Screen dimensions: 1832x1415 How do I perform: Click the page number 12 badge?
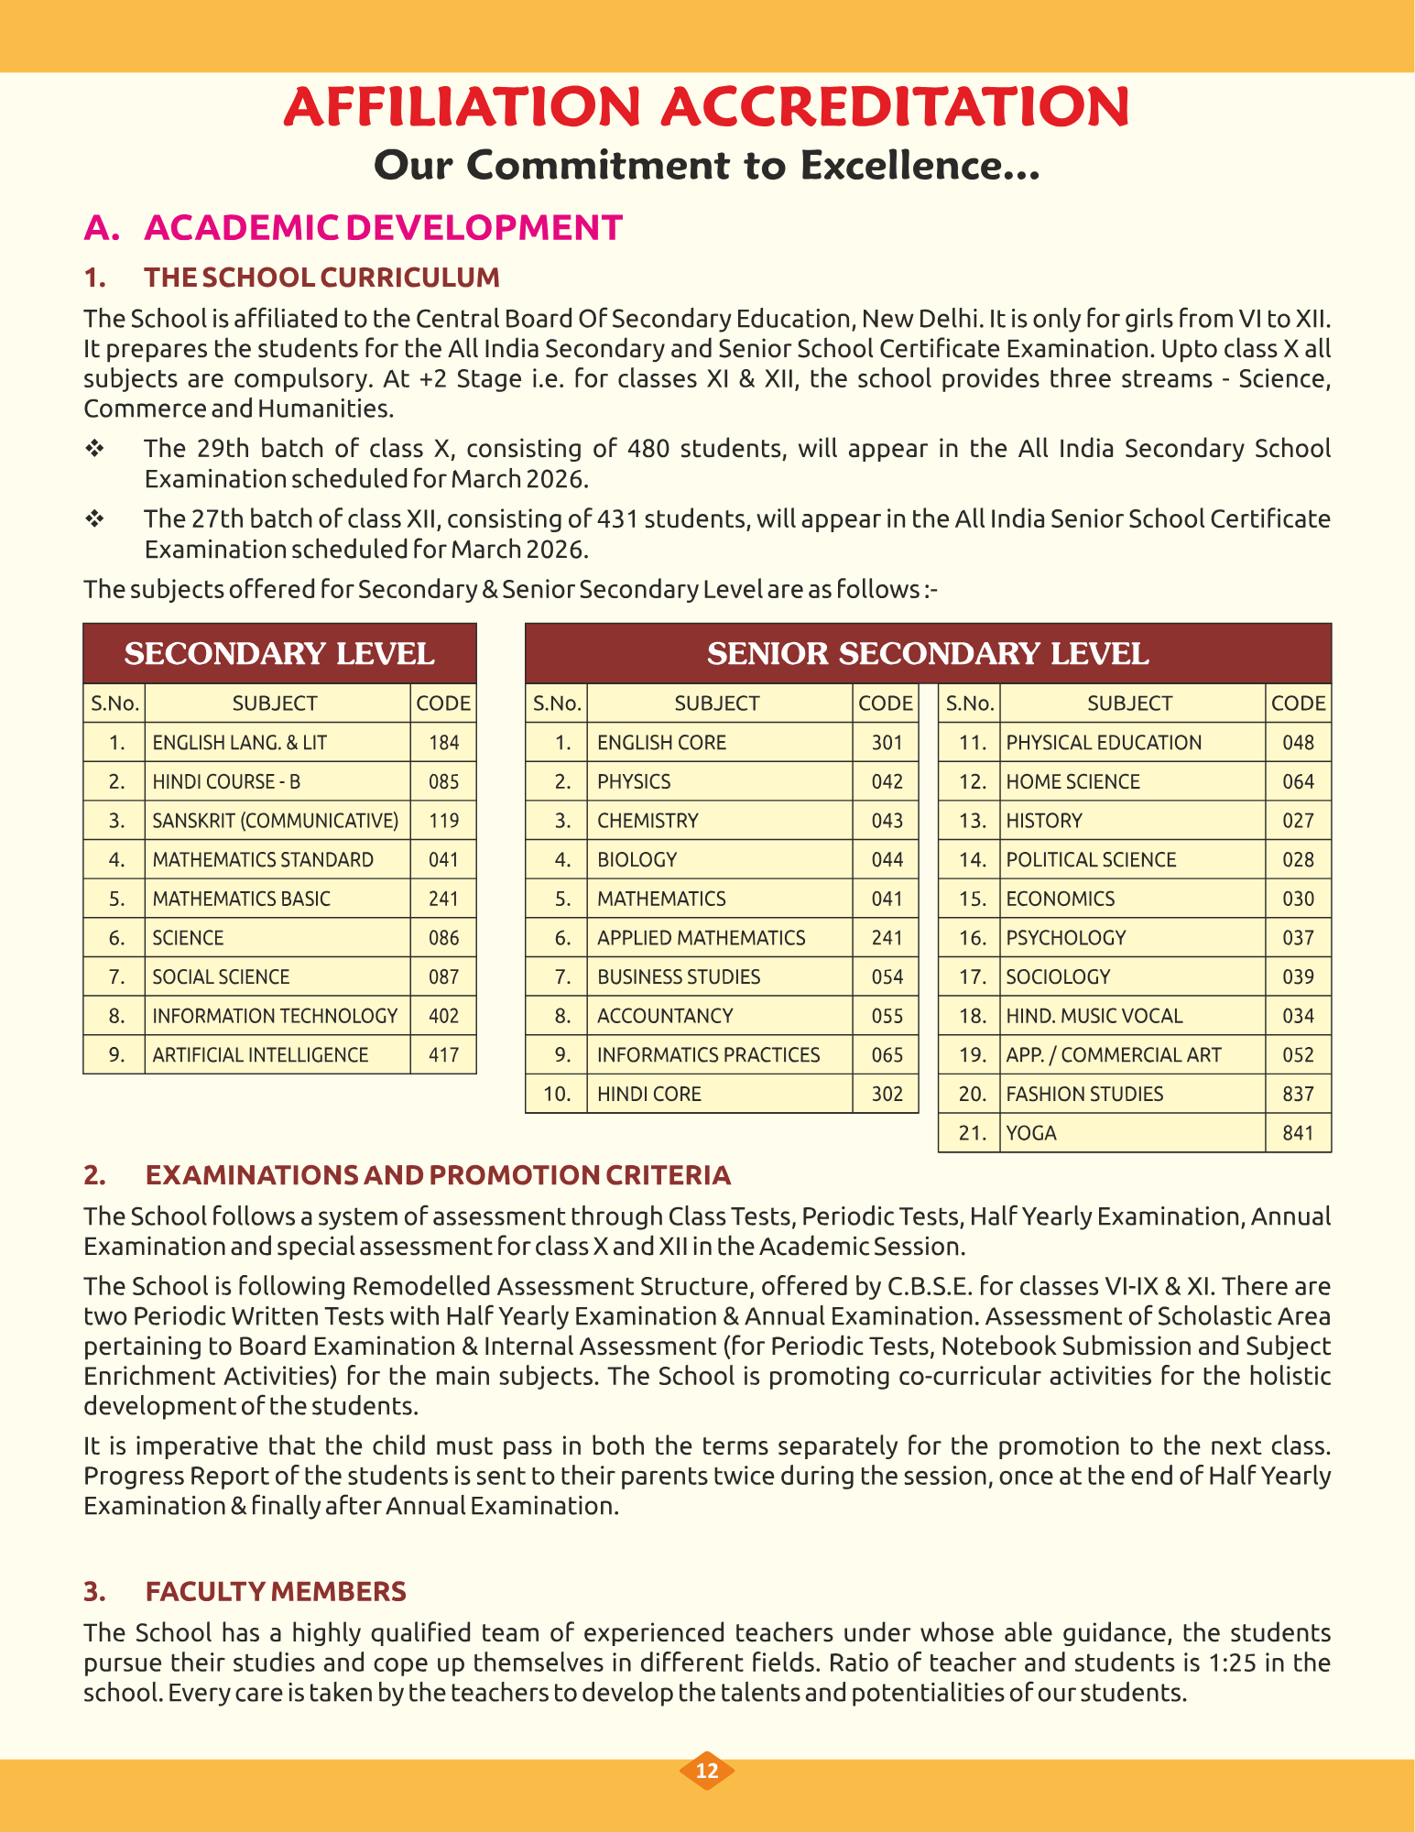click(x=706, y=1771)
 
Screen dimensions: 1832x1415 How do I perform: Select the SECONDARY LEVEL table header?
click(x=279, y=654)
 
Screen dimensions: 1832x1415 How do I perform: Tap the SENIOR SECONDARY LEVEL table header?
click(x=928, y=654)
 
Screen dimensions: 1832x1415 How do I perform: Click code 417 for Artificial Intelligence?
click(x=443, y=1055)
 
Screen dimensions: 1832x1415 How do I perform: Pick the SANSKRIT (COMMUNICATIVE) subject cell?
click(x=276, y=821)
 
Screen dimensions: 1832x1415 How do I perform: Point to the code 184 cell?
click(x=443, y=743)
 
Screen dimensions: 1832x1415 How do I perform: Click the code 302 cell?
click(x=887, y=1094)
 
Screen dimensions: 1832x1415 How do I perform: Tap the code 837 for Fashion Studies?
click(x=1298, y=1094)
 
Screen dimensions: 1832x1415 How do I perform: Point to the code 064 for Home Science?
click(x=1298, y=782)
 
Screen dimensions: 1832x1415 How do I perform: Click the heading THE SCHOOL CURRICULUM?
click(x=321, y=278)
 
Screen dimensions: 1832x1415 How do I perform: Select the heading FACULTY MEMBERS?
click(x=276, y=1591)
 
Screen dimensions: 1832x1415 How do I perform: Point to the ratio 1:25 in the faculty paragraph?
click(x=1225, y=1663)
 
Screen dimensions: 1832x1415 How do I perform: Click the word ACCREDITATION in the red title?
click(x=895, y=106)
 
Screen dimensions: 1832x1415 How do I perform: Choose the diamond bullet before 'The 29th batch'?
click(x=93, y=449)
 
